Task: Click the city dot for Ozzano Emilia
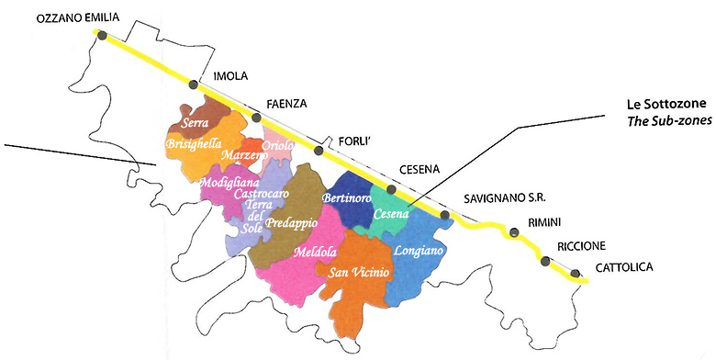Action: pyautogui.click(x=102, y=35)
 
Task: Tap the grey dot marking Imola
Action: pyautogui.click(x=194, y=84)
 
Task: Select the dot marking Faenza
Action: pyautogui.click(x=257, y=118)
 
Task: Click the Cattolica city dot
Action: pyautogui.click(x=576, y=273)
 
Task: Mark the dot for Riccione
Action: pyautogui.click(x=546, y=261)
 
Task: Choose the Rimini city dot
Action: pyautogui.click(x=514, y=233)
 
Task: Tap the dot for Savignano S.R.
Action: pyautogui.click(x=446, y=216)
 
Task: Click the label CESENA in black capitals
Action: pyautogui.click(x=420, y=170)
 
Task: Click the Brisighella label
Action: pyautogui.click(x=195, y=143)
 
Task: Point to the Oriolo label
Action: pyautogui.click(x=278, y=146)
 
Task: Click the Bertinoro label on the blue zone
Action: pyautogui.click(x=346, y=197)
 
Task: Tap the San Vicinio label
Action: pyautogui.click(x=353, y=272)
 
